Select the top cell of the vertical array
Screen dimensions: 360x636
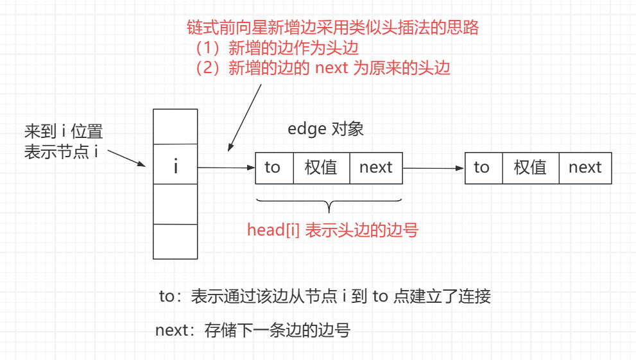click(175, 126)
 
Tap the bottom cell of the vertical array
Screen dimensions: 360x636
click(175, 241)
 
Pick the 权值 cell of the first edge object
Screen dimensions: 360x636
click(321, 167)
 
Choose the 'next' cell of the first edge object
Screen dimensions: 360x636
click(375, 167)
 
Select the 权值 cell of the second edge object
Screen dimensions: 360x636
click(530, 167)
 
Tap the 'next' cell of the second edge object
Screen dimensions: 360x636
click(585, 167)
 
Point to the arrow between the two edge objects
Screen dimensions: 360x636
click(433, 168)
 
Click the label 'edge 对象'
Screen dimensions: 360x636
click(325, 129)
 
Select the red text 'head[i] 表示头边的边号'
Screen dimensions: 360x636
click(332, 230)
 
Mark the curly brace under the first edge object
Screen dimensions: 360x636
click(329, 204)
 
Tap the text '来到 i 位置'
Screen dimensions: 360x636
click(64, 132)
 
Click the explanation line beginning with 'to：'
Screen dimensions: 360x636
click(325, 296)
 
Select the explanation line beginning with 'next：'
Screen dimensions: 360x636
click(253, 331)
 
